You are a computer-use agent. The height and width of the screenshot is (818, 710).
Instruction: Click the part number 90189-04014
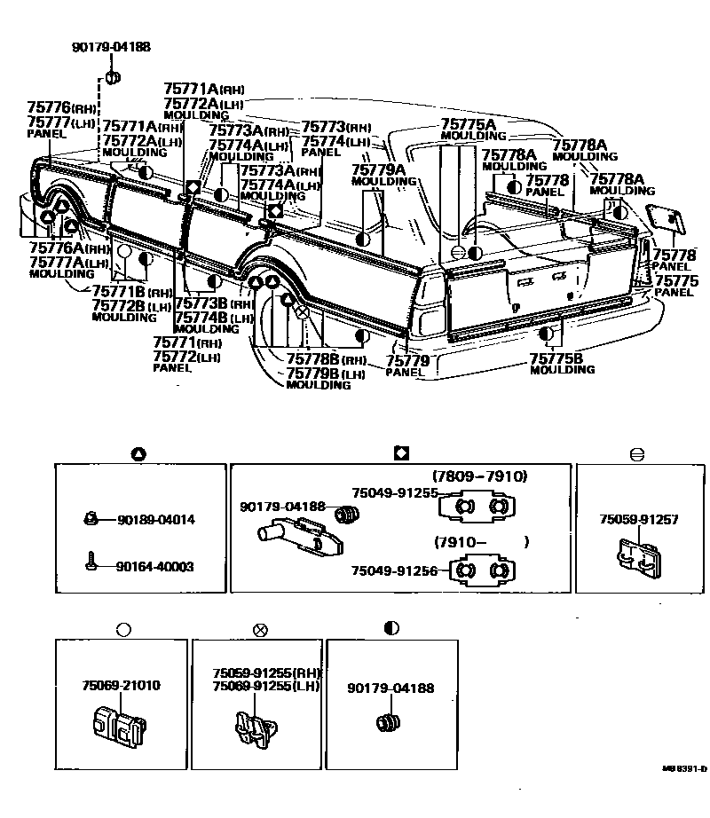[155, 519]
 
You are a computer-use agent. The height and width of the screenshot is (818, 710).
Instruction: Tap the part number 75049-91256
[394, 571]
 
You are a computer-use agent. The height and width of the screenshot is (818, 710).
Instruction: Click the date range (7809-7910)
[479, 476]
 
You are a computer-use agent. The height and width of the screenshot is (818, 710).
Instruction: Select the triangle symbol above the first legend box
[138, 454]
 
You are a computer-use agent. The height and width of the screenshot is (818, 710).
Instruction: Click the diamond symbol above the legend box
[400, 453]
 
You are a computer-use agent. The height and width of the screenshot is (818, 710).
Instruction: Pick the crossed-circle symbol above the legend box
[260, 630]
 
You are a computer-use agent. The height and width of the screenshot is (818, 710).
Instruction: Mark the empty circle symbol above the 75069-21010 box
[123, 630]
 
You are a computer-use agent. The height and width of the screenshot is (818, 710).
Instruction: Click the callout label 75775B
[556, 358]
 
